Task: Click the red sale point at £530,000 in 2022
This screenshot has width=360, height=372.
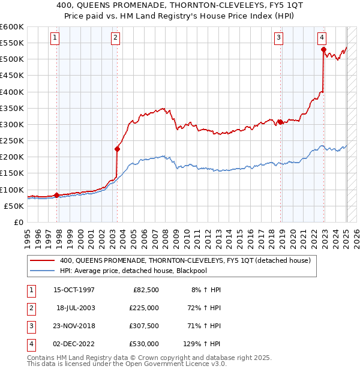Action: pos(323,50)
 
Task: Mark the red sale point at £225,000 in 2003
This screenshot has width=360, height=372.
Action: pos(117,149)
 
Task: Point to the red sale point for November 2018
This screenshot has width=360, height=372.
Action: pos(280,122)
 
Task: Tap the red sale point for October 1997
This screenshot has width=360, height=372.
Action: pos(56,195)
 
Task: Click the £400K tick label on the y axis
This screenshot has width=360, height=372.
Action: pos(11,92)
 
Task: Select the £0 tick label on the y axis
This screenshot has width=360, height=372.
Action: pos(18,222)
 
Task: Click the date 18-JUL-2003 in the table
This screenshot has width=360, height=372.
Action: pos(76,308)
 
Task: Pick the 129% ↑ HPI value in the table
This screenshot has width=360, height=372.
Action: pos(202,344)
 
